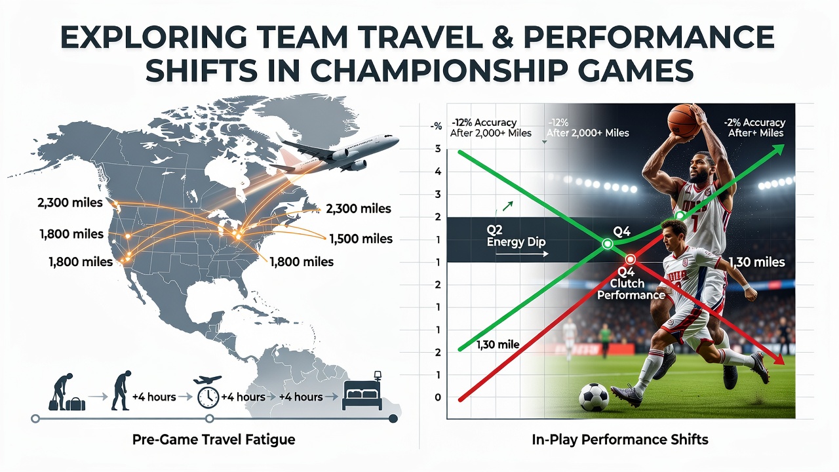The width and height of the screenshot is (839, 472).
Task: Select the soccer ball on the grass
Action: point(594,397)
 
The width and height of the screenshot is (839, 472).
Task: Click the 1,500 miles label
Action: point(361,239)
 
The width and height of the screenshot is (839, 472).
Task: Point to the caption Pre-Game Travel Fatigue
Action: point(214,439)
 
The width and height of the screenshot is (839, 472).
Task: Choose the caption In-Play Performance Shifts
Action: point(620,439)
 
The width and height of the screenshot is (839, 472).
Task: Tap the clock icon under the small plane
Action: point(208,398)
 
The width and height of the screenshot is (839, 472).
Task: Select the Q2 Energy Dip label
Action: point(516,235)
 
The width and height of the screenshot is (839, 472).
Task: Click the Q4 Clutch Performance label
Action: point(631,283)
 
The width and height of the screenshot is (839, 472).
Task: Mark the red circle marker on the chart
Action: point(631,259)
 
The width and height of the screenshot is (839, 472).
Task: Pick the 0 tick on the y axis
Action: point(438,397)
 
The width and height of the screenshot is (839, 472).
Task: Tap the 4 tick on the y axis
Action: point(438,172)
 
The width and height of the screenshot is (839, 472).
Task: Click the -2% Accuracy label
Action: point(754,123)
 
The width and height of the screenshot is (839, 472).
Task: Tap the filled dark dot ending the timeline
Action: point(393,418)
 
